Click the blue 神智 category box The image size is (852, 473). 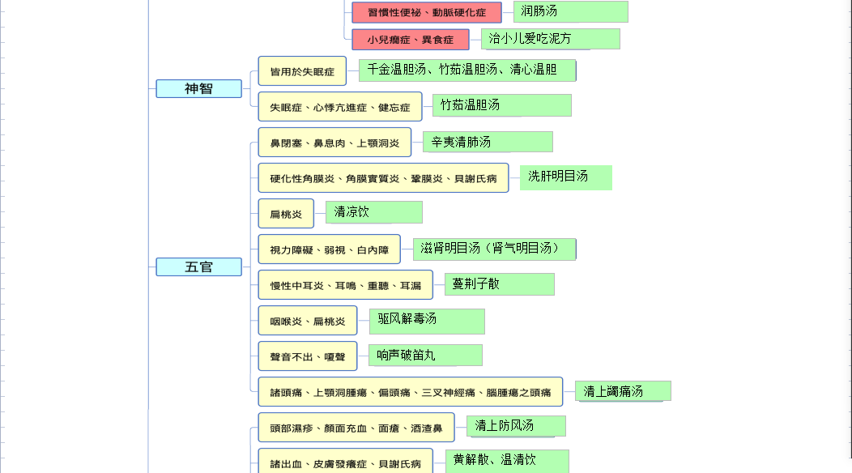199,88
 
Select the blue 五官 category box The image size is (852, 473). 199,267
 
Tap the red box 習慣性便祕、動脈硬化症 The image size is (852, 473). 427,12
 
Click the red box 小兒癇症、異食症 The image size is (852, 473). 411,40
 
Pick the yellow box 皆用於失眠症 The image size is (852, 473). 302,71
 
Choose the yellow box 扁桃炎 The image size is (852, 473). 286,214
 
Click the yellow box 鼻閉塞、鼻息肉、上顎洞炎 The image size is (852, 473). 334,143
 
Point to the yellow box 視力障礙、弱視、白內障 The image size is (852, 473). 330,249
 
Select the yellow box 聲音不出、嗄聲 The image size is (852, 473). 308,356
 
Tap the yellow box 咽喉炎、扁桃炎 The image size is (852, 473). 308,321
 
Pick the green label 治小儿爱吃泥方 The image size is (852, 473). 551,39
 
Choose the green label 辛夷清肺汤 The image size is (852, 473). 488,142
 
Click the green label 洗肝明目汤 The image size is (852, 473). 565,178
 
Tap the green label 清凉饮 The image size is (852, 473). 374,212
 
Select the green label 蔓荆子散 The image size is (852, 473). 500,284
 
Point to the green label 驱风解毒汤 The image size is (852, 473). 427,322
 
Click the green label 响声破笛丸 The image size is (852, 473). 425,355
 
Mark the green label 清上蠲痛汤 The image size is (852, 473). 623,391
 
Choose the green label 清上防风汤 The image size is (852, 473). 516,426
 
